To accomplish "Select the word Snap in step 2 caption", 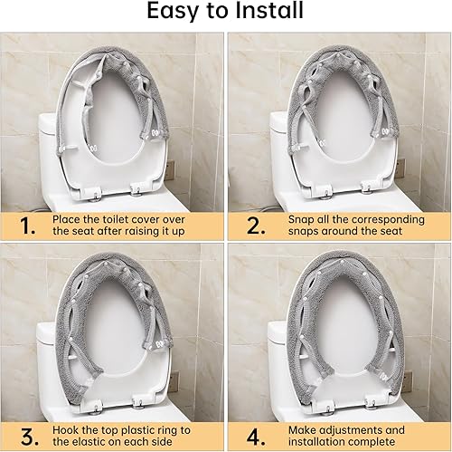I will point(302,217).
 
